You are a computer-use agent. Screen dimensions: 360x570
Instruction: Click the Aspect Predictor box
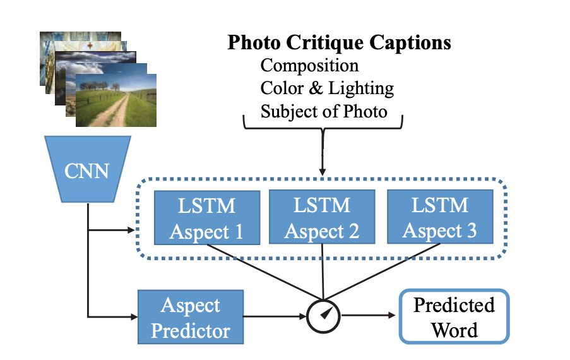pos(190,317)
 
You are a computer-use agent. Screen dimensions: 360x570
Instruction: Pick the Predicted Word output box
pos(454,317)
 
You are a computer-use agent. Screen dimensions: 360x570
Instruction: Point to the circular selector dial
pos(324,314)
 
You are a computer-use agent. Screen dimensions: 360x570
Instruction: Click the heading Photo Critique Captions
pos(339,43)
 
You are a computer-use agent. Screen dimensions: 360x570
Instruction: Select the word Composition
pos(309,66)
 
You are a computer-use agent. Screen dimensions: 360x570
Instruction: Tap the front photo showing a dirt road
pos(116,99)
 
